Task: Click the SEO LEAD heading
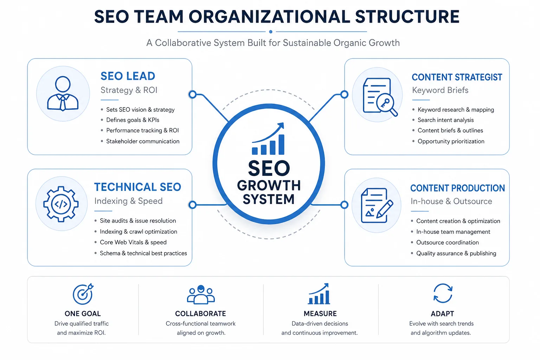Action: coord(128,76)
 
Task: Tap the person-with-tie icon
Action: coord(63,94)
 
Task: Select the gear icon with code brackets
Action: coord(61,204)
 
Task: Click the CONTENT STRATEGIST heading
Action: coord(457,77)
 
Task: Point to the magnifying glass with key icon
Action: coord(387,104)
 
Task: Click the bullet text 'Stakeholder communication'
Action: coord(143,141)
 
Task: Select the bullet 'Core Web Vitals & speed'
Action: coord(133,242)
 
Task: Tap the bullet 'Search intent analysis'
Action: coord(445,120)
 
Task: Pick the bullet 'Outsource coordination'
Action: coord(448,243)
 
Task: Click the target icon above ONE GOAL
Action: coord(83,294)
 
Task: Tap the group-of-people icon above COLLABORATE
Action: coord(201,294)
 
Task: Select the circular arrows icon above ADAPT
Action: coord(443,293)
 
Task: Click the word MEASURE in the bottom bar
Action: coord(320,314)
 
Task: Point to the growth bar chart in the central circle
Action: coord(268,139)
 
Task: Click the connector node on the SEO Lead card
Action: coord(192,95)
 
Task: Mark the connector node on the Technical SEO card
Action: coord(192,205)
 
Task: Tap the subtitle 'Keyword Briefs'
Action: coord(440,90)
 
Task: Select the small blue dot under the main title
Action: coord(271,32)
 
